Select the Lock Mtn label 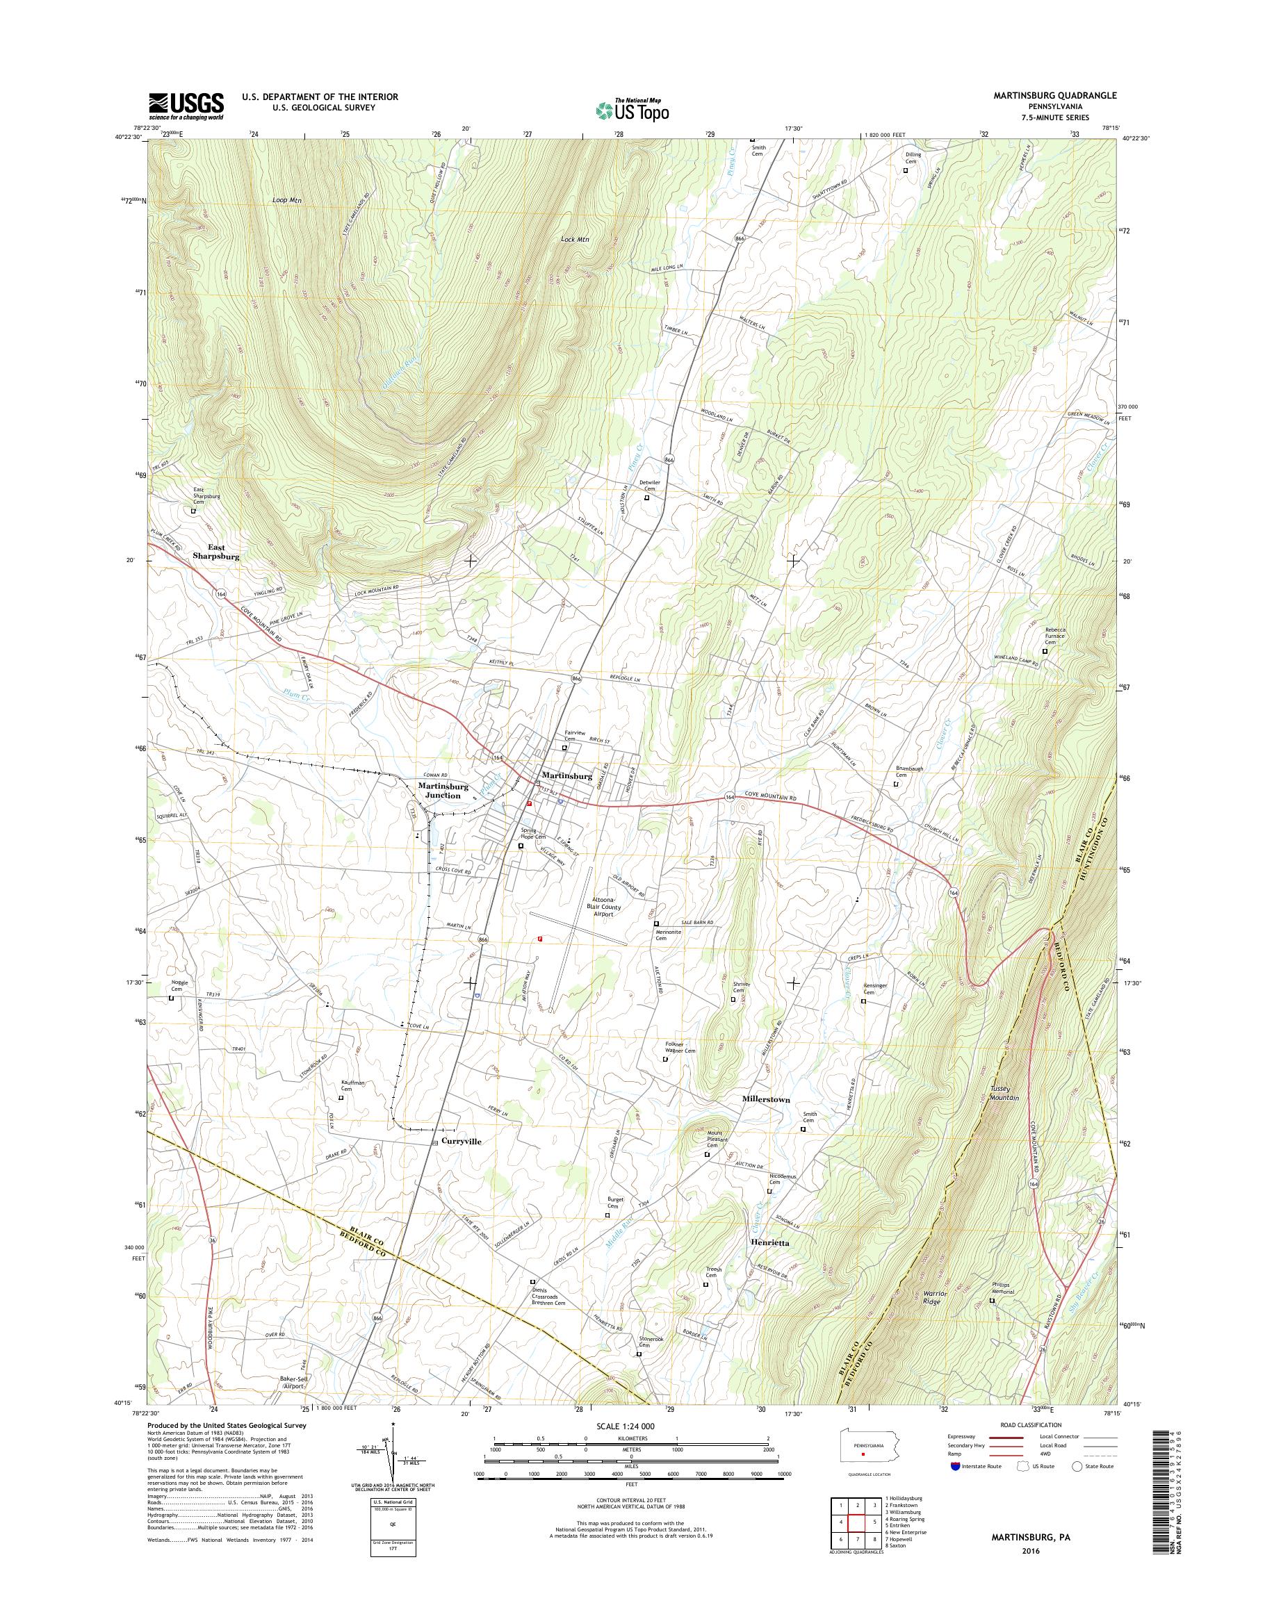[575, 239]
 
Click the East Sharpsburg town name [216, 551]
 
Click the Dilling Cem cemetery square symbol [905, 170]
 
